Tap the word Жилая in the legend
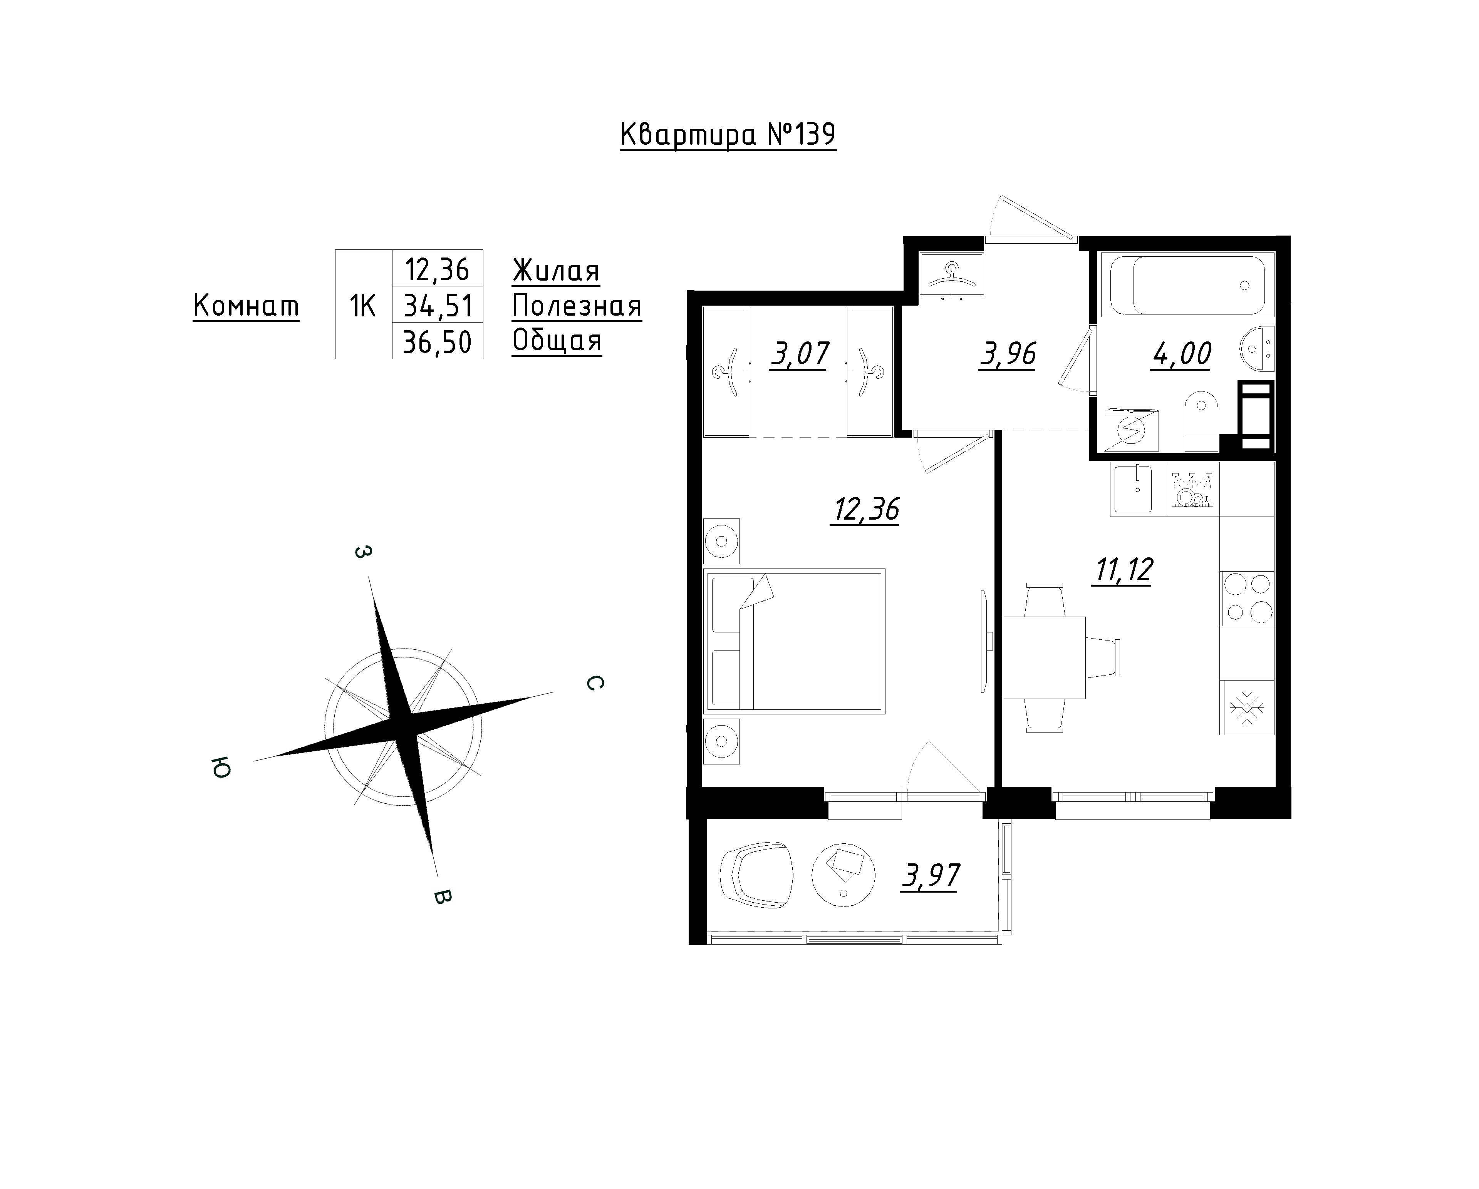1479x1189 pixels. tap(556, 271)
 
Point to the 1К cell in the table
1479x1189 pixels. tap(363, 306)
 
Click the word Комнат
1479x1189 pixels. tap(246, 306)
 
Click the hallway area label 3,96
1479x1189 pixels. tap(1007, 355)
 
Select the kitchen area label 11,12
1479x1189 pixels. tap(1124, 569)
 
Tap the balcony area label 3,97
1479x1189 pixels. tap(930, 876)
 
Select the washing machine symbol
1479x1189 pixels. tap(1130, 431)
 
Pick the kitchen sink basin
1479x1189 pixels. tap(1137, 488)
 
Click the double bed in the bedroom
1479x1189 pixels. tap(794, 641)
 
